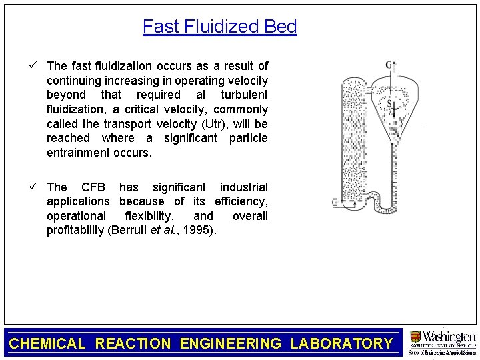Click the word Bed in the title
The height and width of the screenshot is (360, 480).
pos(281,27)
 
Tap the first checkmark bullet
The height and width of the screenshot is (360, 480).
pos(38,65)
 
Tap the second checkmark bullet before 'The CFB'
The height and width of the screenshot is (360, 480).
pos(38,187)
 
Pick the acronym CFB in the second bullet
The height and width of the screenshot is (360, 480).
pos(95,187)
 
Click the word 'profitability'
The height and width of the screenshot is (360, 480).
pos(76,231)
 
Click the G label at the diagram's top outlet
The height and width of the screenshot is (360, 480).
pos(388,65)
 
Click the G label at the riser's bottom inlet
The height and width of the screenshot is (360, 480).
pos(335,203)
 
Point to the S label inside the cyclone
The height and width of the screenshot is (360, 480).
pos(389,103)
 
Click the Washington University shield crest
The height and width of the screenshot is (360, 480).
pos(415,337)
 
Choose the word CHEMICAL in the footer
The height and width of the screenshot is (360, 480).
pos(47,344)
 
